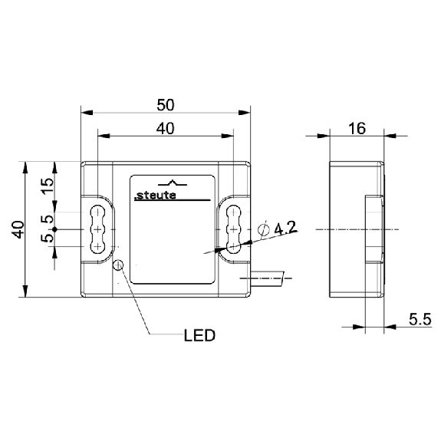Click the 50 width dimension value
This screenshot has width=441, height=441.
pos(166,105)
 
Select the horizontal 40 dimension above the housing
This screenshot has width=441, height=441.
pos(166,129)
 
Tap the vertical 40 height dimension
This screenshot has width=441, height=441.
pos(19,229)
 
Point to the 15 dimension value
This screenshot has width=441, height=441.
pos(48,186)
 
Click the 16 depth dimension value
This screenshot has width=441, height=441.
pos(357,129)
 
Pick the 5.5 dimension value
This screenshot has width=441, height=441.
pos(420,320)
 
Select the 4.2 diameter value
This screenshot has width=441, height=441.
pos(285,228)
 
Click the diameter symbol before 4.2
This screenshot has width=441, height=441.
pos(264,230)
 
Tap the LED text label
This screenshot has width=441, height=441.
pos(199,335)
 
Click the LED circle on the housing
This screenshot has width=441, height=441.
pos(118,265)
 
